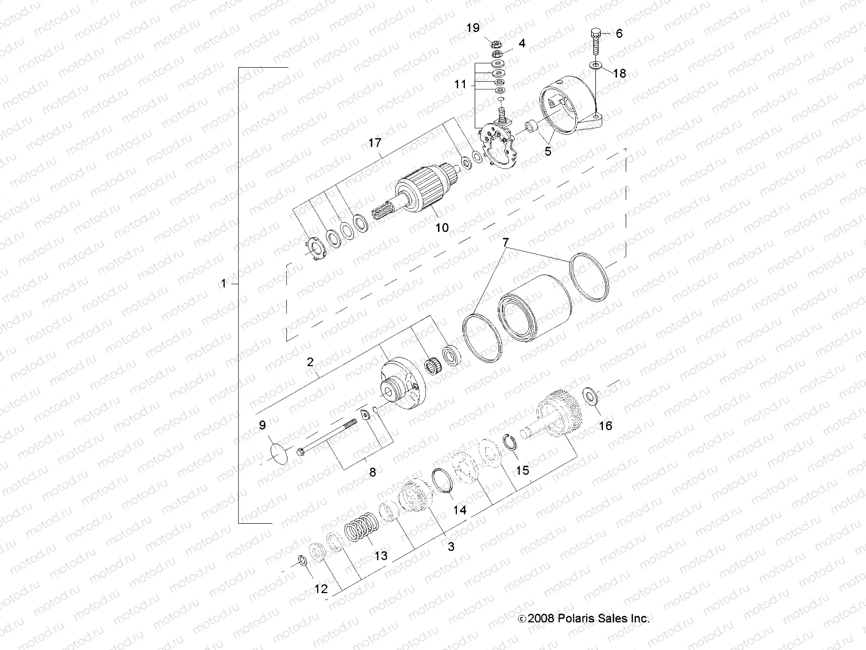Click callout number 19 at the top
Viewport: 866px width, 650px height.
tap(473, 28)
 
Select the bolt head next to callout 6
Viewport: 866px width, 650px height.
tap(593, 31)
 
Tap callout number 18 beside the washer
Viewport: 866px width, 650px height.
tap(619, 73)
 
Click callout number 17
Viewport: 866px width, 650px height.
tap(375, 144)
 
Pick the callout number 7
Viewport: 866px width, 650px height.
tap(505, 242)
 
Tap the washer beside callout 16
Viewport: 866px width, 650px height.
tap(591, 395)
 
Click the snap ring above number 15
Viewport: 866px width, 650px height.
tap(510, 442)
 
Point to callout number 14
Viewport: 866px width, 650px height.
tap(459, 510)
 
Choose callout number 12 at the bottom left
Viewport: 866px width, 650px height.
tap(321, 589)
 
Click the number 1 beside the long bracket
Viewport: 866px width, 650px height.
tap(223, 283)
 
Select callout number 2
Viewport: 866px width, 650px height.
tap(310, 362)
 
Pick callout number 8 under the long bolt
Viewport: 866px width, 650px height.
tap(372, 472)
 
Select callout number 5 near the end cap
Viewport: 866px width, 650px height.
tap(548, 151)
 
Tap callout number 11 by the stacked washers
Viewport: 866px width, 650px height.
tap(461, 85)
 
